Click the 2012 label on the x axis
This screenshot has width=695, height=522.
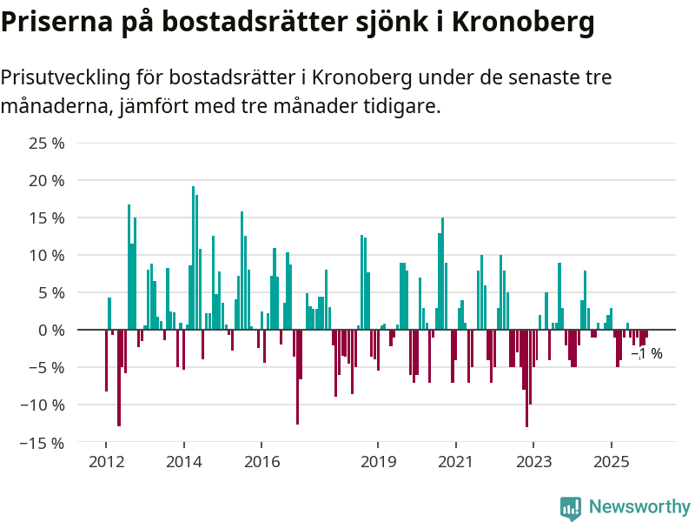(106, 462)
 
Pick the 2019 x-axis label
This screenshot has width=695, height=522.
(378, 462)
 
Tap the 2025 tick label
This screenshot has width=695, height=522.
(611, 462)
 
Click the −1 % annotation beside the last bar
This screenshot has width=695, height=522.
(647, 354)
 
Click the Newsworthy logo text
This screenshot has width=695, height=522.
(639, 506)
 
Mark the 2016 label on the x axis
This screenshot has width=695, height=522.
(261, 462)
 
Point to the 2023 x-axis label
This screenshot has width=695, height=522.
(533, 462)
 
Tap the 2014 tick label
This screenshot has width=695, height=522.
(183, 462)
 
